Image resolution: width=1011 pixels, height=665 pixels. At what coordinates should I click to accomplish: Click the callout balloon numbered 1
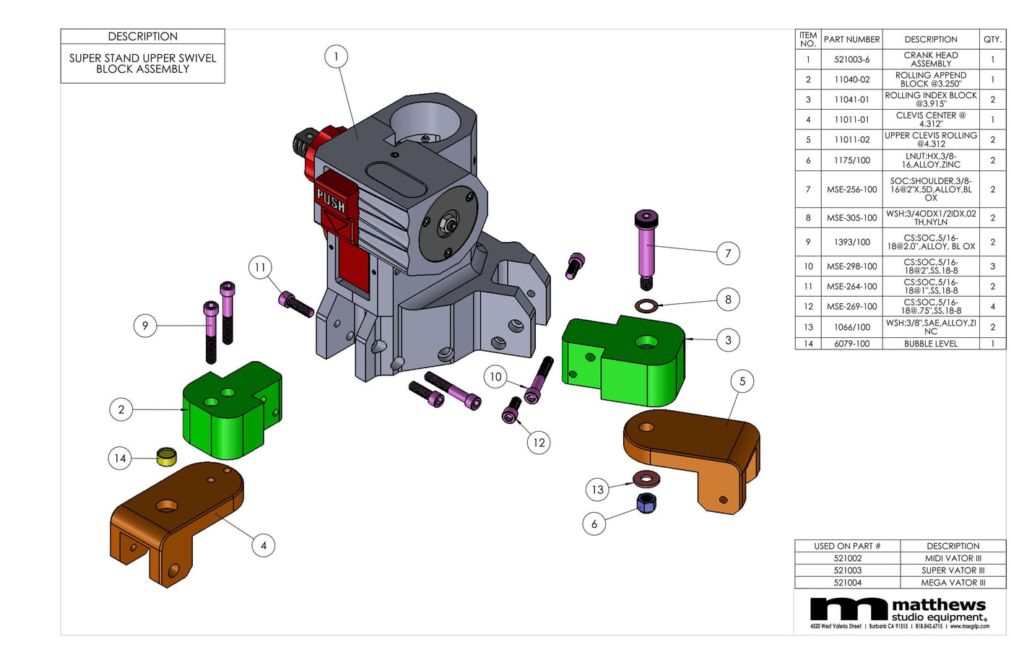[x=336, y=56]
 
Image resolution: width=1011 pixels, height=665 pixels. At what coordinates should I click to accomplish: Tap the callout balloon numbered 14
[x=120, y=458]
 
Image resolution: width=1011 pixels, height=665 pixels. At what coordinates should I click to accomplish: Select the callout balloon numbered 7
[x=728, y=253]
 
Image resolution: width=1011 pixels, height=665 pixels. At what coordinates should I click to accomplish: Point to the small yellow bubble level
[x=167, y=456]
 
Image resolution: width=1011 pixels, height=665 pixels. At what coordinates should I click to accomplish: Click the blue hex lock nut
[x=646, y=503]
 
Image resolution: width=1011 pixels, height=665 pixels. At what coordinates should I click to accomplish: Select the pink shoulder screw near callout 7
[x=646, y=249]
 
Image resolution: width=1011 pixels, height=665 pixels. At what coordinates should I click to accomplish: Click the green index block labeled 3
[x=628, y=361]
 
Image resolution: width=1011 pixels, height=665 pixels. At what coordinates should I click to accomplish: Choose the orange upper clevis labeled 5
[x=693, y=448]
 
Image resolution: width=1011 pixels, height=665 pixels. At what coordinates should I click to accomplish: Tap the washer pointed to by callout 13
[x=646, y=478]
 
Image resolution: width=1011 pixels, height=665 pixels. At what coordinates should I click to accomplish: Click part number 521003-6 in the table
[x=851, y=59]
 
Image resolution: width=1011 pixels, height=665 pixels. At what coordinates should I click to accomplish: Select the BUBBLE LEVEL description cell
[x=931, y=344]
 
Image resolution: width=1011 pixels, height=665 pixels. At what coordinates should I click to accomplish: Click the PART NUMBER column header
[x=851, y=40]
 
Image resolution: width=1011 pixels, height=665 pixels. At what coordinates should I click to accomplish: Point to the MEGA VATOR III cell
[x=953, y=583]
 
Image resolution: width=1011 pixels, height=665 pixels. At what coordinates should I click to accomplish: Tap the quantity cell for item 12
[x=992, y=306]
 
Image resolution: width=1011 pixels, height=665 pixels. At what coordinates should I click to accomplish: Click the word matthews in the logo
[x=938, y=605]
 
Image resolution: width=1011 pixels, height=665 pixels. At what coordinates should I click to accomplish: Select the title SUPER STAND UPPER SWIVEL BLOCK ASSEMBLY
[x=142, y=64]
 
